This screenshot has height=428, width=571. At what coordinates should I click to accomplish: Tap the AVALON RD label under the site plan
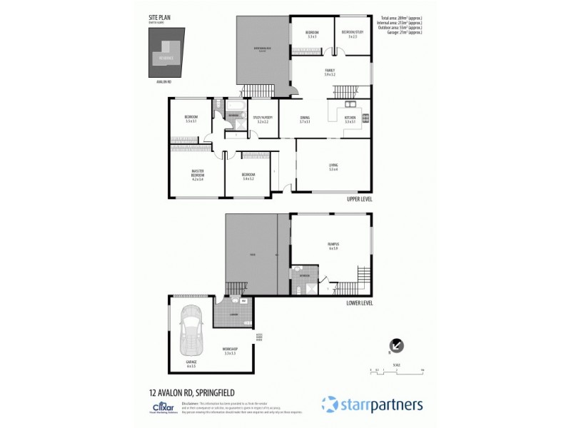pos(164,82)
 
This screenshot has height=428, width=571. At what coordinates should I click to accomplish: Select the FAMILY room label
pos(329,70)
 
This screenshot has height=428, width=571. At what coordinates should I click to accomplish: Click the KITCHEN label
pos(350,118)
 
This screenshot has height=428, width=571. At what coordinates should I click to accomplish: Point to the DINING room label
pos(305,118)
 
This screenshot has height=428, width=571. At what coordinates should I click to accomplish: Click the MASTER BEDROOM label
pos(198,173)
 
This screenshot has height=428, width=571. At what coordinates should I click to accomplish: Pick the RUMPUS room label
pos(333,245)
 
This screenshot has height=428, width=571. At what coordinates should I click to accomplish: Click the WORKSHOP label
pos(230,349)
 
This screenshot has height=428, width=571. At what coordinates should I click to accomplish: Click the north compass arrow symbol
pos(398,345)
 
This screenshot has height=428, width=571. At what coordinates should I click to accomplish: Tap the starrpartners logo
pos(372,403)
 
